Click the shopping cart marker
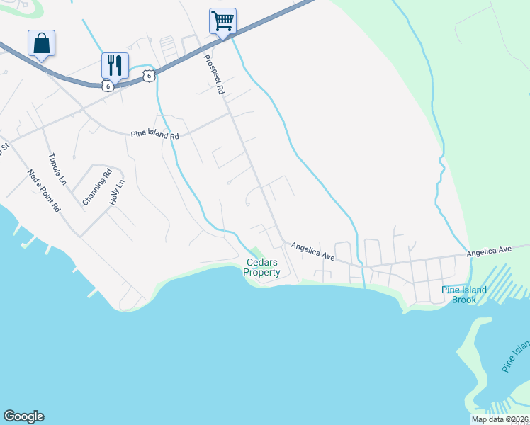pyautogui.click(x=222, y=21)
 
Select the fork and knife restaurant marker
pyautogui.click(x=115, y=64)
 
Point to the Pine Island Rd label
pyautogui.click(x=155, y=134)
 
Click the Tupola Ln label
pyautogui.click(x=57, y=169)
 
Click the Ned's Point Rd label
pyautogui.click(x=45, y=191)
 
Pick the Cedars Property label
pyautogui.click(x=262, y=267)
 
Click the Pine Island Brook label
pyautogui.click(x=464, y=295)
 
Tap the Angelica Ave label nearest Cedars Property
pyautogui.click(x=312, y=251)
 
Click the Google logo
pyautogui.click(x=23, y=416)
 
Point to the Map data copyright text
pyautogui.click(x=500, y=419)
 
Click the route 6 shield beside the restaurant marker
pyautogui.click(x=107, y=86)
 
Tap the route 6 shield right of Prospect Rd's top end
pyautogui.click(x=147, y=76)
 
